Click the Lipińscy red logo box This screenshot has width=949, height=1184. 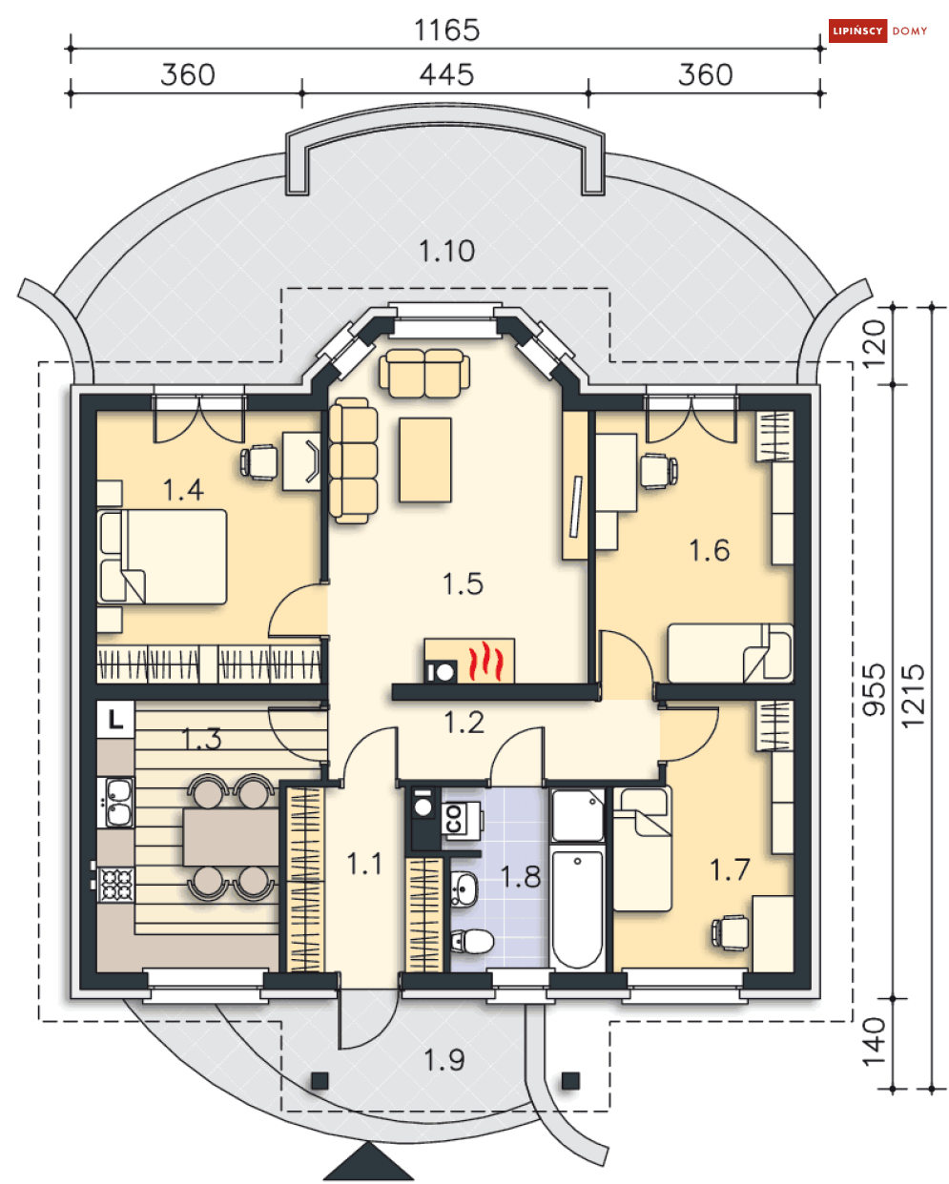(857, 31)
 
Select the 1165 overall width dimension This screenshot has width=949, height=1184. (446, 31)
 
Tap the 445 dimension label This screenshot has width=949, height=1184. (446, 74)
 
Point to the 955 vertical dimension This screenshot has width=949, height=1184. (874, 690)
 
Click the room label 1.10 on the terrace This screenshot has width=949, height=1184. (446, 251)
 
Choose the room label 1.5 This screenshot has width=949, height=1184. (463, 583)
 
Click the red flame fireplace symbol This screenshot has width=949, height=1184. (485, 661)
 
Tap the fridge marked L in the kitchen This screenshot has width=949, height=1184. (115, 720)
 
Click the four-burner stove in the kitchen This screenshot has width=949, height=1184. (116, 885)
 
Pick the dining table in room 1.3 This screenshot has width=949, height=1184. (230, 837)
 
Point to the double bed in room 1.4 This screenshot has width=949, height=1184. (162, 557)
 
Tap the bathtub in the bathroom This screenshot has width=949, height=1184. (577, 910)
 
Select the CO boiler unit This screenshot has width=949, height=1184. (462, 819)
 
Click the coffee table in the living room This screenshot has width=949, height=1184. (425, 459)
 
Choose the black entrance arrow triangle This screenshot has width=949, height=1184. (368, 1162)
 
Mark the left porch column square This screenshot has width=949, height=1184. (320, 1081)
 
